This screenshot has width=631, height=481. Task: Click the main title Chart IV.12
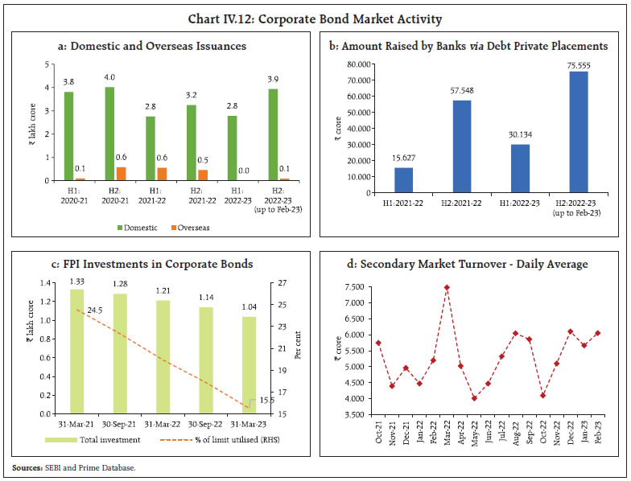315,18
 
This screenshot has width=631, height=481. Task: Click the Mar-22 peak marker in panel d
447,287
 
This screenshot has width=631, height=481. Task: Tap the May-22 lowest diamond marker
475,397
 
